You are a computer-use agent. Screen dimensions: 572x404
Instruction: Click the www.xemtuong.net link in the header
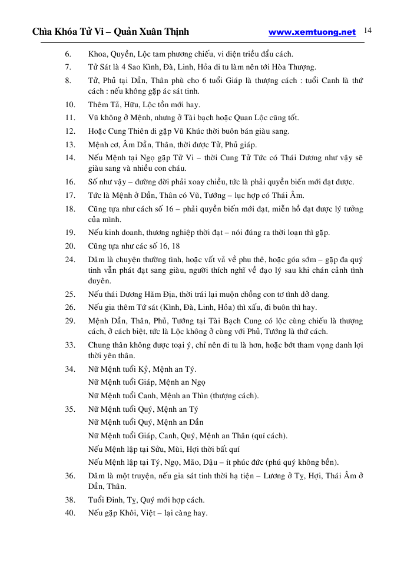(312, 32)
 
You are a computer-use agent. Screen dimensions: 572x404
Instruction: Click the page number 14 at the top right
(369, 31)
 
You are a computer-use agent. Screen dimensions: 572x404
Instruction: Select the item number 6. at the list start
(68, 54)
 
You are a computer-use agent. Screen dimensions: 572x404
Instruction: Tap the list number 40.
(69, 513)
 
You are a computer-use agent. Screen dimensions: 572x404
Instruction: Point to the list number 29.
(69, 321)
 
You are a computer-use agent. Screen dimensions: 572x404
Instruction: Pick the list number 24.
(69, 259)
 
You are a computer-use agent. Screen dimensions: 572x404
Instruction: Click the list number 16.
(69, 182)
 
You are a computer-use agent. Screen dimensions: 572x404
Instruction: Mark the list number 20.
(69, 246)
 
